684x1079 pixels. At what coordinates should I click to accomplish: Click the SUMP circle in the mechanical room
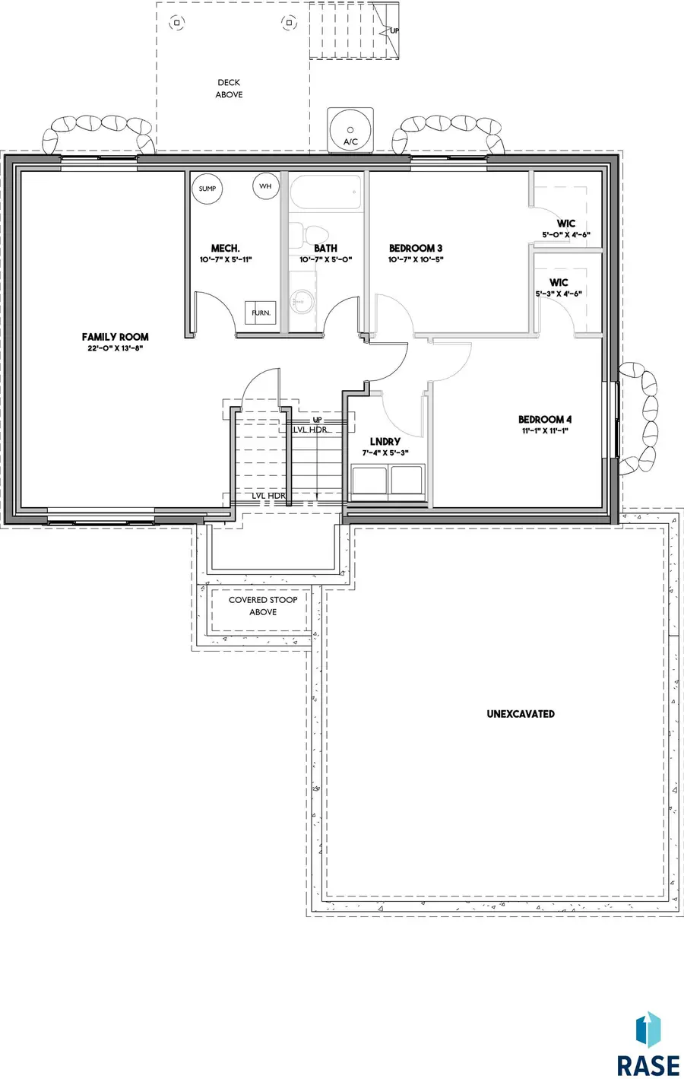tap(207, 189)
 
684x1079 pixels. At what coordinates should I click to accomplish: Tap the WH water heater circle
tap(266, 186)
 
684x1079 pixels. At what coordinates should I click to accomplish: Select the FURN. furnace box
tap(261, 313)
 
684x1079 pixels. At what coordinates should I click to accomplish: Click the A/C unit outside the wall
tap(350, 130)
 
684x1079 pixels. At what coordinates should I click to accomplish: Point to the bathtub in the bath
tap(325, 192)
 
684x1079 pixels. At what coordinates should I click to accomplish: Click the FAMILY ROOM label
tap(115, 337)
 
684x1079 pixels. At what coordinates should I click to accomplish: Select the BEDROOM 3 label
tap(416, 248)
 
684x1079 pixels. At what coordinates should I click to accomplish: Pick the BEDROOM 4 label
tap(545, 420)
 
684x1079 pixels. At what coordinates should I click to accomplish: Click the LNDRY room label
tap(385, 442)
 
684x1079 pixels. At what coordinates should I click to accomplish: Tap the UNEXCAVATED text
tap(521, 714)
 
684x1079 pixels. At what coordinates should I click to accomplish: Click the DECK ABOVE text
tap(229, 89)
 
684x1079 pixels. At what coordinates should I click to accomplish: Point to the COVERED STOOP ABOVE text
tap(263, 606)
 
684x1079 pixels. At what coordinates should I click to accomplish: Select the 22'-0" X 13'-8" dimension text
tap(116, 348)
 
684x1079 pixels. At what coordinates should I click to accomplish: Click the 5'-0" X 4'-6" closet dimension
tap(566, 235)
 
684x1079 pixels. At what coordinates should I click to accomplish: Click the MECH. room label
tap(225, 248)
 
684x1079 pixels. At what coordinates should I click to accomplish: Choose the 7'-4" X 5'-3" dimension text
tap(385, 452)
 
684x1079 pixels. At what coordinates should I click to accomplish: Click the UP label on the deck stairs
tap(394, 31)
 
